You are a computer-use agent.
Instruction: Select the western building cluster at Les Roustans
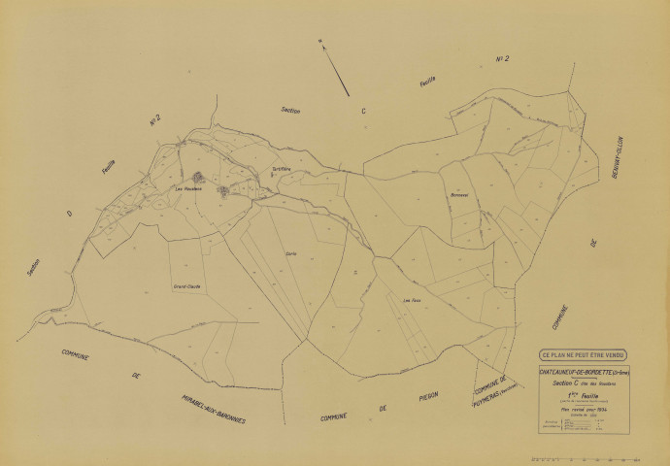coord(198,178)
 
